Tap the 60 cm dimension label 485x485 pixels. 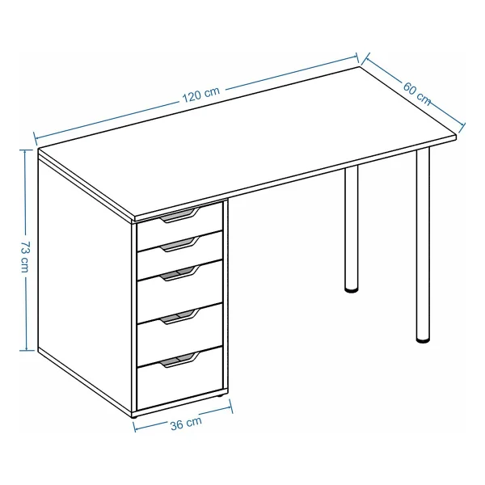416,94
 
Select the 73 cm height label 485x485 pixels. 25,256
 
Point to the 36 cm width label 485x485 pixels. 186,423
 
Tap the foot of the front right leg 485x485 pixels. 423,340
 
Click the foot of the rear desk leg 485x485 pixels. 352,290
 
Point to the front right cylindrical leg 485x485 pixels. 423,244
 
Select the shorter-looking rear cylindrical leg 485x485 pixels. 352,228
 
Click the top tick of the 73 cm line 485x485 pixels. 27,150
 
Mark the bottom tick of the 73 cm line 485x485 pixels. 27,351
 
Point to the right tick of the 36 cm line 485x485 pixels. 230,406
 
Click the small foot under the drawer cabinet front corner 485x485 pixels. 134,417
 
